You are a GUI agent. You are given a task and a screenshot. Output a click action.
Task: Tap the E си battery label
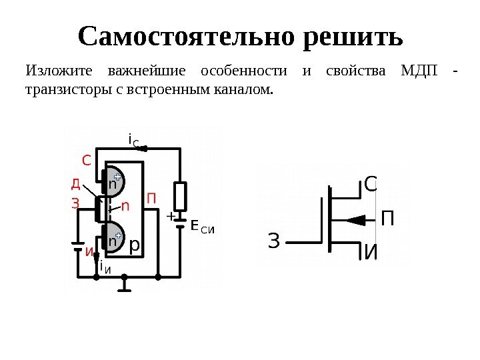click(203, 228)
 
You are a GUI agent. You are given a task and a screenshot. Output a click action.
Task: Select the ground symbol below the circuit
click(124, 285)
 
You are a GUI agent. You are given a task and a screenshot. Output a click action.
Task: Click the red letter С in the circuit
click(85, 161)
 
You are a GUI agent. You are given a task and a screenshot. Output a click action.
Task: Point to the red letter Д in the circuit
click(77, 183)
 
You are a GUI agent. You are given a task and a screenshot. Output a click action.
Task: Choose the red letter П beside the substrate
click(151, 199)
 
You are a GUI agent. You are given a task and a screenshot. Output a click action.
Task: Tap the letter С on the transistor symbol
click(371, 185)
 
